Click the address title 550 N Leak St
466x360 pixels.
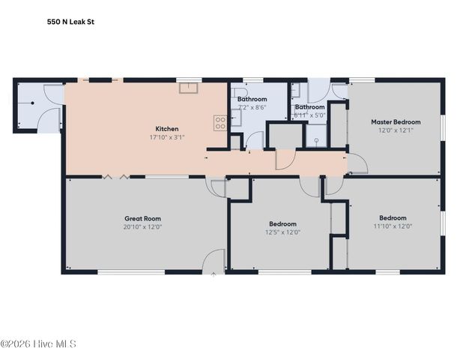point(70,22)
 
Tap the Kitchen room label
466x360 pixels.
point(166,128)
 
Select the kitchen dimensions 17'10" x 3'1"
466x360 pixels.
point(166,137)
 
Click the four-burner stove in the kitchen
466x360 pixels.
point(220,123)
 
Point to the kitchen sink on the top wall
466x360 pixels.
point(187,88)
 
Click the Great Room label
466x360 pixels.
point(142,218)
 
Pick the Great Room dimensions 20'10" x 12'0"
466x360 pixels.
point(142,226)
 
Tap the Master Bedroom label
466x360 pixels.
point(396,121)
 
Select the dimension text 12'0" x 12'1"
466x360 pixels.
point(396,130)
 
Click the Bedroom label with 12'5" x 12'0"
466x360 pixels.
point(282,223)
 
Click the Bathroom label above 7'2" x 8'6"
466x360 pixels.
point(252,99)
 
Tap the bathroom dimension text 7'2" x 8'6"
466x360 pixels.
point(252,107)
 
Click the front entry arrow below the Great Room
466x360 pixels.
point(214,275)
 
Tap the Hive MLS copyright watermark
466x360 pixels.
point(38,344)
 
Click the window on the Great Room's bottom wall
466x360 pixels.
point(131,271)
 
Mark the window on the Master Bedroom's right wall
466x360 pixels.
point(442,127)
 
